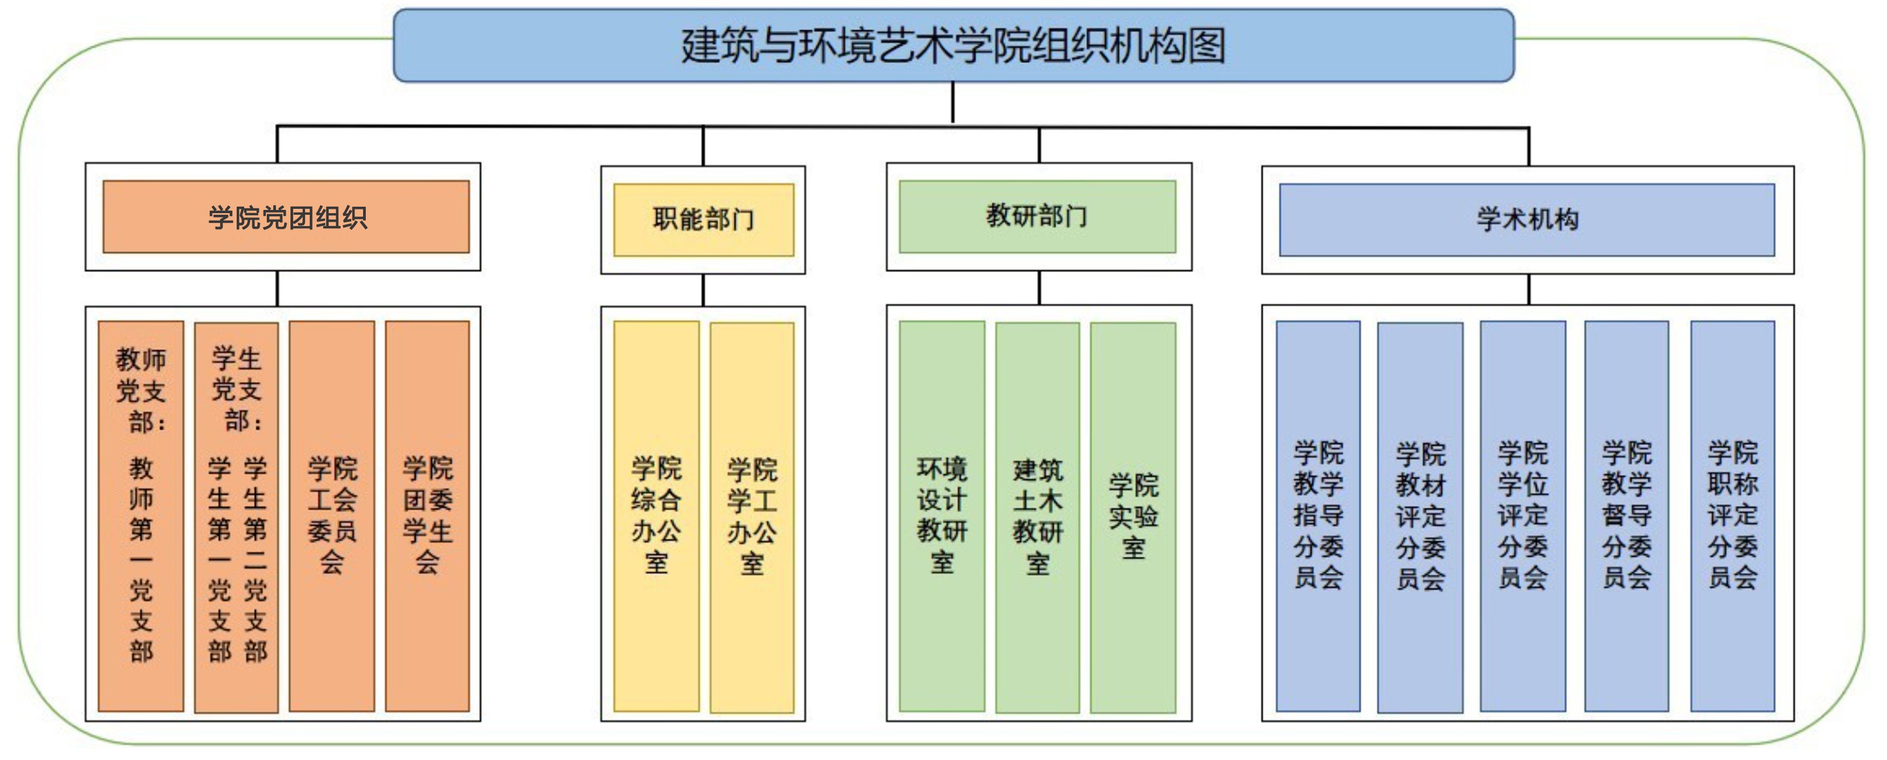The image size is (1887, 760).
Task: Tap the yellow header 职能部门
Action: tap(703, 219)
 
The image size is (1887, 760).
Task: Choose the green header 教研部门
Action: tap(1037, 216)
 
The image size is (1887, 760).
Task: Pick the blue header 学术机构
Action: tap(1527, 219)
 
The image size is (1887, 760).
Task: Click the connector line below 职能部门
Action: tap(703, 290)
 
